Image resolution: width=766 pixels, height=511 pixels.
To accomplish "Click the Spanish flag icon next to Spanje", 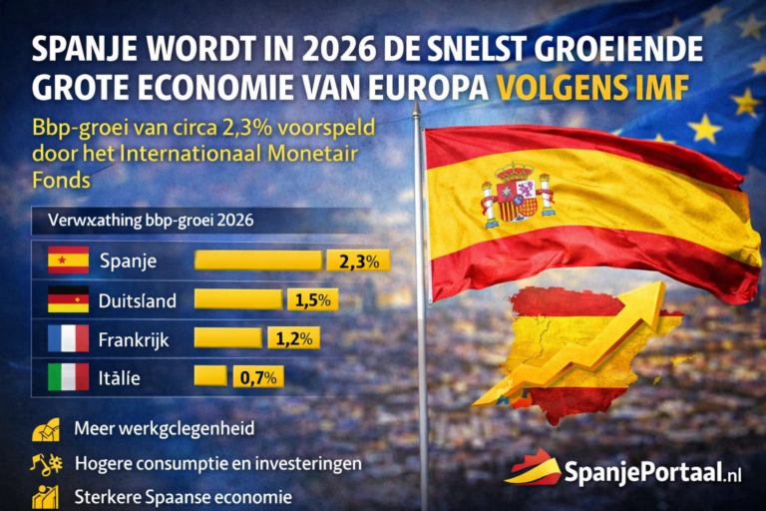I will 68,260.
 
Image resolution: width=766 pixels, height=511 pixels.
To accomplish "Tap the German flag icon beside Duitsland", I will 68,299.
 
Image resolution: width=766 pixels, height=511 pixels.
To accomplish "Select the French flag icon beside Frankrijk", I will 68,338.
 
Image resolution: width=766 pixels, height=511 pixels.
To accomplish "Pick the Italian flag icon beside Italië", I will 68,377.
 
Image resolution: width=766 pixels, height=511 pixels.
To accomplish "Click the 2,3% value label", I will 357,261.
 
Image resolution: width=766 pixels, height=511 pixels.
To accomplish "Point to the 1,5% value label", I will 312,299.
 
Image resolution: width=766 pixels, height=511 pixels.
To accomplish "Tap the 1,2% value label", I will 292,338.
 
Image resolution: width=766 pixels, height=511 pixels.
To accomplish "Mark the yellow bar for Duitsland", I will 237,299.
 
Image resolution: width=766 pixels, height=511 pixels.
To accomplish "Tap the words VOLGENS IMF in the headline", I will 592,88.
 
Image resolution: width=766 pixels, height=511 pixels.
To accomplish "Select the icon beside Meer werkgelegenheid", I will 46,429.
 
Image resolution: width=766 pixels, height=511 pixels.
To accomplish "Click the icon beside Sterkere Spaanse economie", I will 46,496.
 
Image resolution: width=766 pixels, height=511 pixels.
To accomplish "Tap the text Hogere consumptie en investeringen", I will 216,463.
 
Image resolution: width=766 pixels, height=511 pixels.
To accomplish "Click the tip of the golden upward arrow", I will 654,289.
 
